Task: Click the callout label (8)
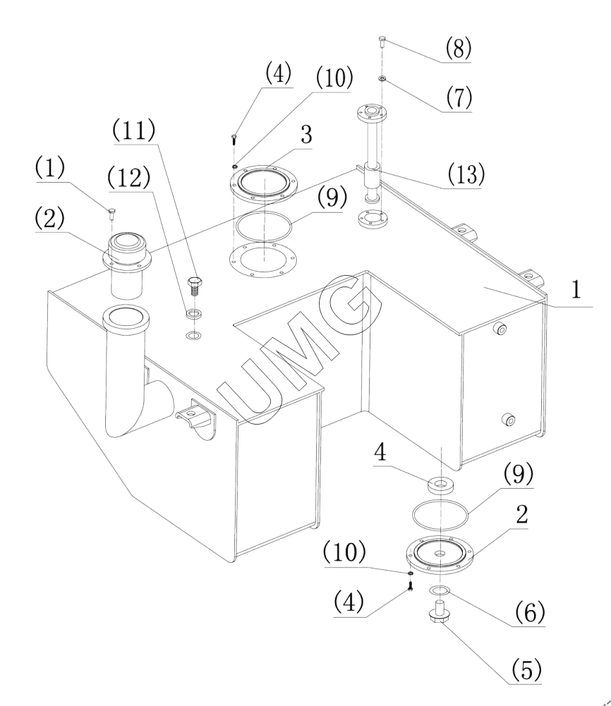(459, 48)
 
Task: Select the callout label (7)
(459, 97)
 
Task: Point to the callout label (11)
(134, 130)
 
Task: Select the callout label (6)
(529, 611)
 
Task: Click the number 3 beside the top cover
(306, 135)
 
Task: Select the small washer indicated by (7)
(382, 79)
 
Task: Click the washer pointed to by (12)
(195, 313)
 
